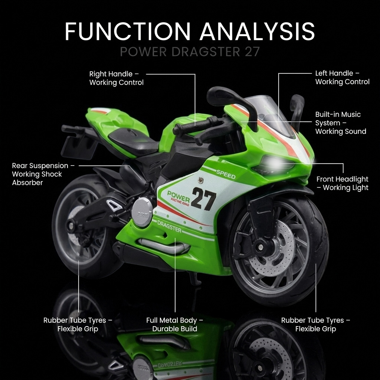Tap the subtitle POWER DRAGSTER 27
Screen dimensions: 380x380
(x=190, y=52)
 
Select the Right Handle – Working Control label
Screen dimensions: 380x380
(x=116, y=78)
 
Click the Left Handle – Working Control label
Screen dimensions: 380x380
(x=342, y=78)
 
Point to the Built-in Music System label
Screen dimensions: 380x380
(x=340, y=123)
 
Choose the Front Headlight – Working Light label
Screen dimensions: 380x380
(x=342, y=183)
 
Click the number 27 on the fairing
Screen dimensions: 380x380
(x=203, y=199)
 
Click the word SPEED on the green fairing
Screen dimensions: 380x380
(x=226, y=174)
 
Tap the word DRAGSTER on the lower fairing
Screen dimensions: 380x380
(x=169, y=226)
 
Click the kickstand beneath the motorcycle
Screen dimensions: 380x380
(x=194, y=278)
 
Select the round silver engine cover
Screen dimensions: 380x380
(x=142, y=212)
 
